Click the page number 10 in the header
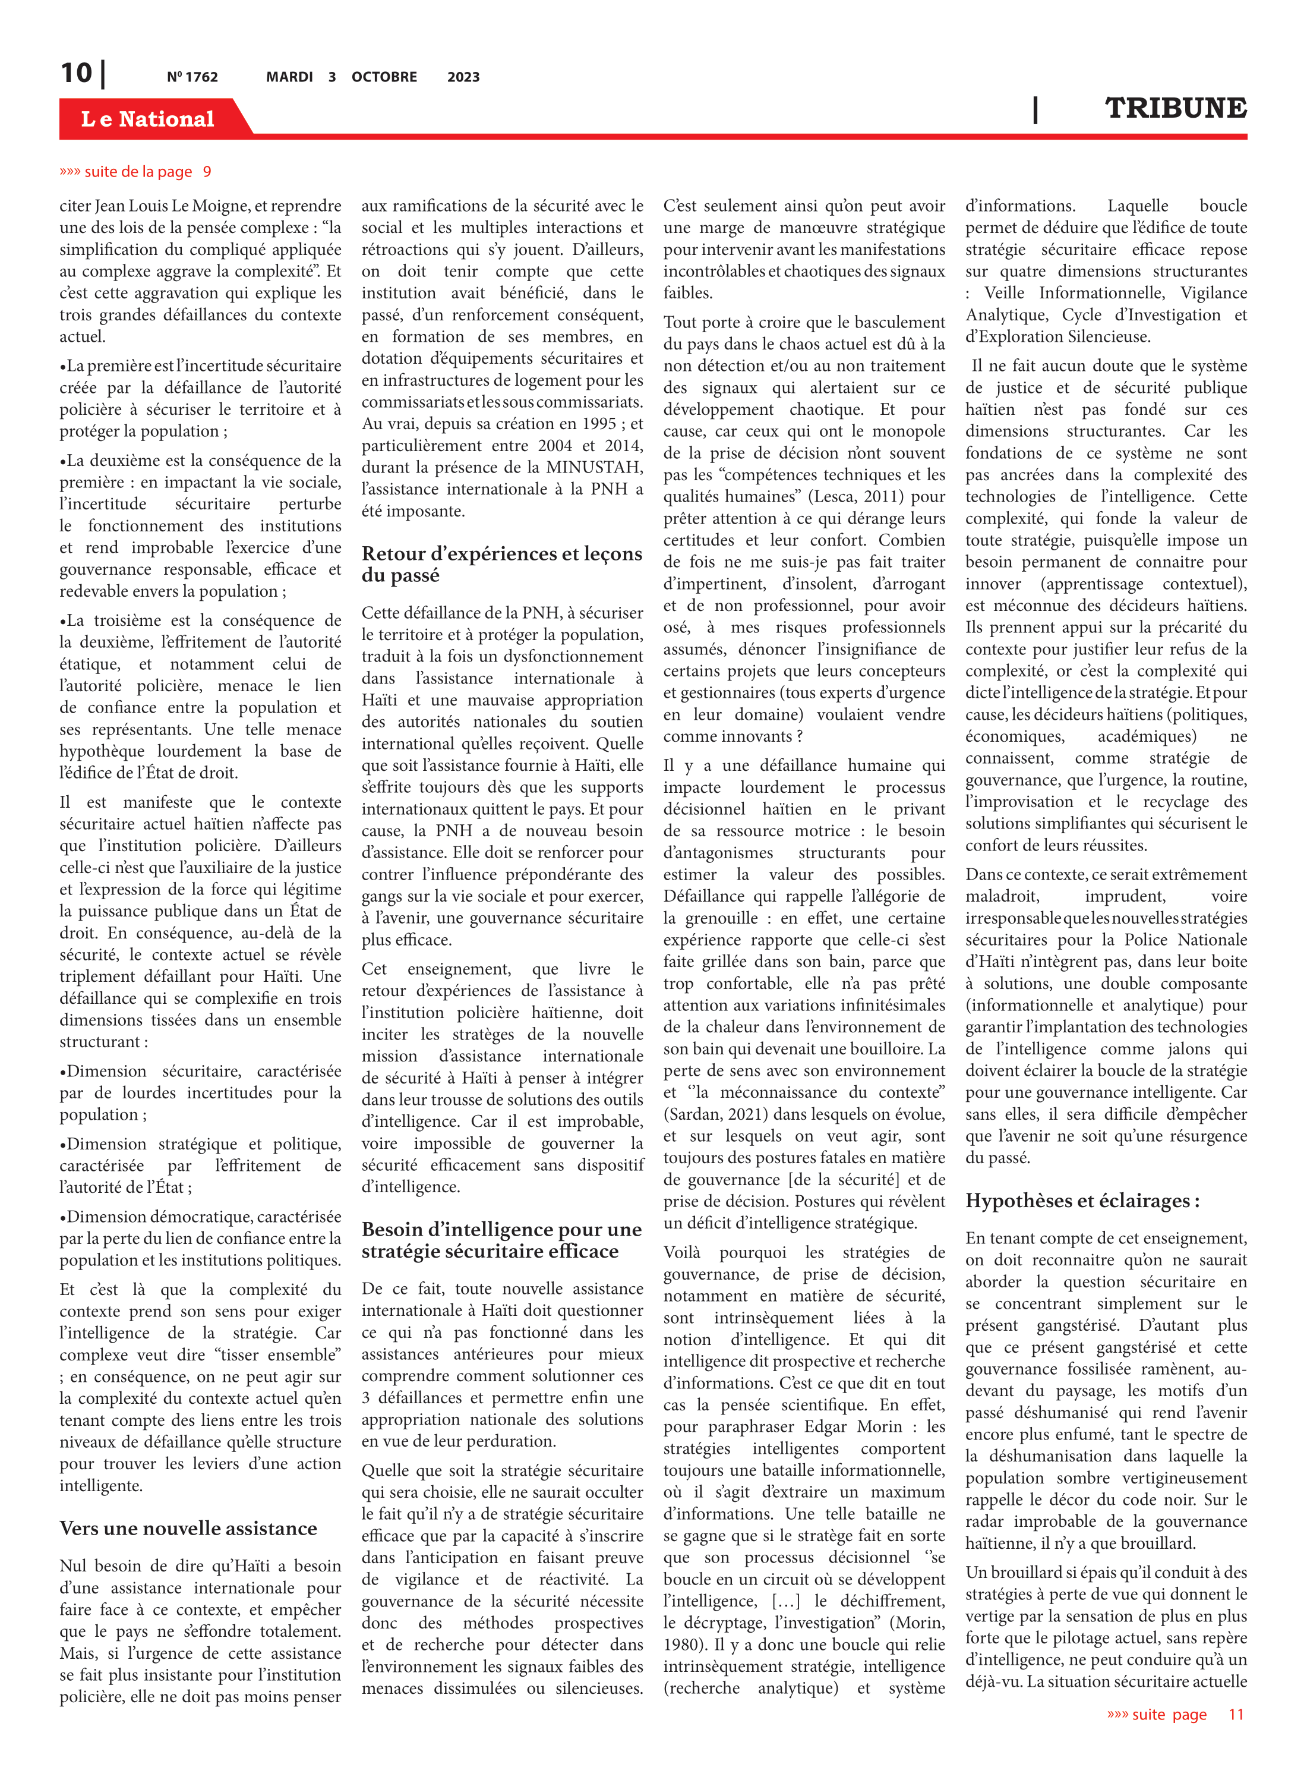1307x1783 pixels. tap(77, 73)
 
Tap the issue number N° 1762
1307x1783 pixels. tap(192, 77)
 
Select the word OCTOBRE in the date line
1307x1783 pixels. tap(384, 77)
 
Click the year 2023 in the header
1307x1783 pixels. tap(463, 77)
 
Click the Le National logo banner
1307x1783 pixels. tap(148, 119)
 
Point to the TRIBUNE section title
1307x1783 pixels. tap(1175, 108)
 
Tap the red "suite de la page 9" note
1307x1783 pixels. tap(135, 172)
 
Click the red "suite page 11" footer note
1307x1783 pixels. tap(1175, 1714)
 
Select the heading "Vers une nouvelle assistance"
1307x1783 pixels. tap(188, 1528)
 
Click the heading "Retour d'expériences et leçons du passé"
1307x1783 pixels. tap(501, 564)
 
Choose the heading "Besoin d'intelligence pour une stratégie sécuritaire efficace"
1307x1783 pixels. tap(501, 1240)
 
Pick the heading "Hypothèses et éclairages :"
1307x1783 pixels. tap(1082, 1201)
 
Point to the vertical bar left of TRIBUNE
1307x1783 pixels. tap(1036, 109)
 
